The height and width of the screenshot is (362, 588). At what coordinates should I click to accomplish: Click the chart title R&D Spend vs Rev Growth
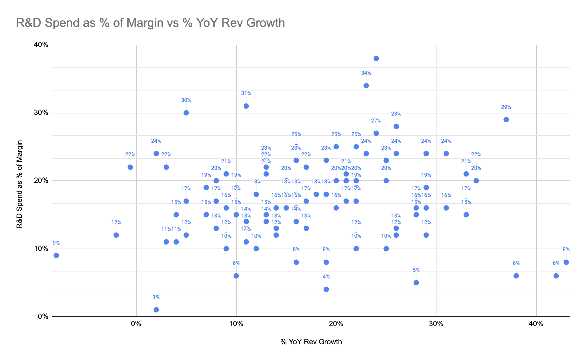(x=150, y=23)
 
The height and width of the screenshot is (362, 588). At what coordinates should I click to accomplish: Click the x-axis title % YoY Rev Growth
(x=311, y=342)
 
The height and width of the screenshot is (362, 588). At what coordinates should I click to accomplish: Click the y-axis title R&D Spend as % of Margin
(x=19, y=184)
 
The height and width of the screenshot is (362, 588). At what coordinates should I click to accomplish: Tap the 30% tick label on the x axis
(x=436, y=324)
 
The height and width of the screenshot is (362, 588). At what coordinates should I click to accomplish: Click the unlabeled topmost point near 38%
(x=376, y=59)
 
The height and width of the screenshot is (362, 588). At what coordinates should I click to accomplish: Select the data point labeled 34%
(x=366, y=86)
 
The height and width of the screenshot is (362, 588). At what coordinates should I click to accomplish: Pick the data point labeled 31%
(x=246, y=106)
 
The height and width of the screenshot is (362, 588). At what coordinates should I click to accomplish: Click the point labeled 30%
(x=186, y=113)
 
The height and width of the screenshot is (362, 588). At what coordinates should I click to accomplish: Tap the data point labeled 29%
(x=506, y=120)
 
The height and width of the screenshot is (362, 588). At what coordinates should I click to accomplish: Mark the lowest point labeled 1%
(x=156, y=310)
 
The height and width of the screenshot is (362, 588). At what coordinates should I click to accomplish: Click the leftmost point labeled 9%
(x=56, y=256)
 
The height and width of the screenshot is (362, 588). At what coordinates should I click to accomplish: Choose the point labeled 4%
(x=326, y=289)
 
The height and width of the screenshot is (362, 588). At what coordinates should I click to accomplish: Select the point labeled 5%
(x=416, y=283)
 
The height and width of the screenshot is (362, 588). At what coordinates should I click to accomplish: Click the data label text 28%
(x=396, y=114)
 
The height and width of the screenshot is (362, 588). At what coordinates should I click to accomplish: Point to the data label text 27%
(x=376, y=121)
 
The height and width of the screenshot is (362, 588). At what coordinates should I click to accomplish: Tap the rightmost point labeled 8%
(x=566, y=262)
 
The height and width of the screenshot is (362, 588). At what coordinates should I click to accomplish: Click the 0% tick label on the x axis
(x=136, y=324)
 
